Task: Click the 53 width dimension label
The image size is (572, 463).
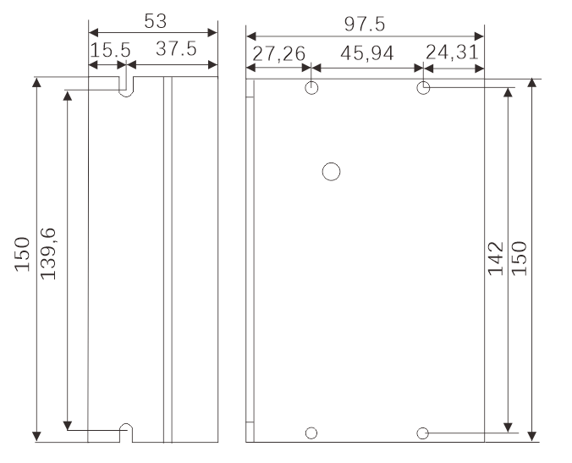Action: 156,21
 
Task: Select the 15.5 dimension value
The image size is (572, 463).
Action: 110,50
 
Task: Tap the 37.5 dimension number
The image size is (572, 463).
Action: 176,48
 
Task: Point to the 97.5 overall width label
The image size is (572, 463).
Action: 365,24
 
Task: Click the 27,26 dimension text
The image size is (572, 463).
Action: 278,54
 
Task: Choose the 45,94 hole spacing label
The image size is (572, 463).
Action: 367,53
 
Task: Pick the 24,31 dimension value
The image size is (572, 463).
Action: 452,52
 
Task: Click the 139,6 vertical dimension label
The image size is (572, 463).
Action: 48,254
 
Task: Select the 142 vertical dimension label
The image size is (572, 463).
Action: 496,258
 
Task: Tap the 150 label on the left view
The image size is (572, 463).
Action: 22,254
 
